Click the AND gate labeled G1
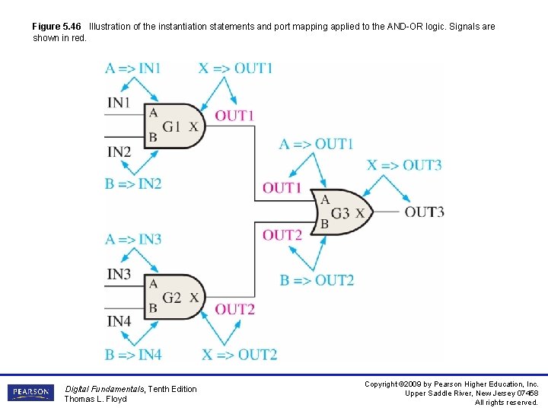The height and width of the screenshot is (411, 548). (174, 126)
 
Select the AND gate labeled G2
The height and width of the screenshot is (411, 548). (174, 297)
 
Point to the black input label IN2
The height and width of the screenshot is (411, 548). (119, 151)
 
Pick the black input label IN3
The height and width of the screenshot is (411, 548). (119, 274)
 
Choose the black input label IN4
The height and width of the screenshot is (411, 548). (119, 322)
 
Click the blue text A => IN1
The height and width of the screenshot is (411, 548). (132, 68)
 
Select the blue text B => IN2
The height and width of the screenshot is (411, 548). (132, 183)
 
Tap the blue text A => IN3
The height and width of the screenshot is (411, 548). (132, 239)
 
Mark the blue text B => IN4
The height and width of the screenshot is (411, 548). (132, 354)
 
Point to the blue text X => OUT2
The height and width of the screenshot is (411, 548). (239, 354)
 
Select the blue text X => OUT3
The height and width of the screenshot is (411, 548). (404, 165)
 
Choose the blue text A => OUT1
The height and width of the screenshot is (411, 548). (316, 144)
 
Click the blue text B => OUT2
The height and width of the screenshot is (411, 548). (316, 280)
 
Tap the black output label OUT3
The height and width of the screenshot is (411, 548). (424, 212)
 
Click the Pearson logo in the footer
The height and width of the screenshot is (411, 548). (30, 393)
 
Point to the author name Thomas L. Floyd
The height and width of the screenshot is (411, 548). (95, 399)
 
